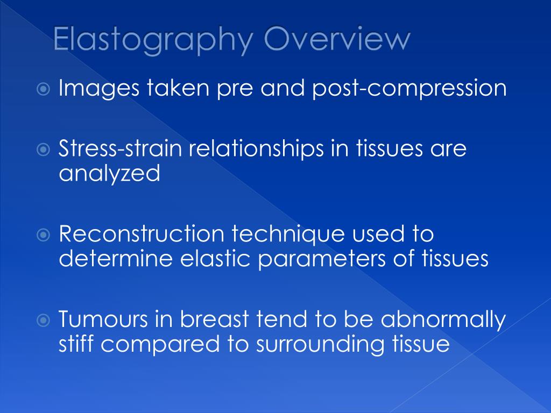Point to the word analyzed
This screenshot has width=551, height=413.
pyautogui.click(x=109, y=174)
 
